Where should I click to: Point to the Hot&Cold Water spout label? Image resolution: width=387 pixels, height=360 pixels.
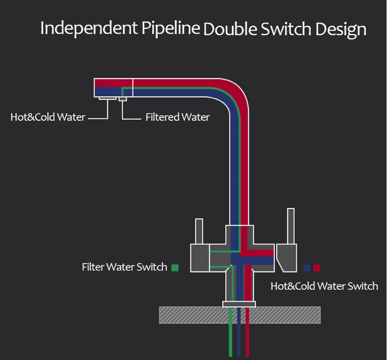[48, 117]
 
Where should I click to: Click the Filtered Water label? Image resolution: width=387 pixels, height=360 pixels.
[177, 117]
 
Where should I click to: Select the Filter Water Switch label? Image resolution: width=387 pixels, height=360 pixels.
[124, 267]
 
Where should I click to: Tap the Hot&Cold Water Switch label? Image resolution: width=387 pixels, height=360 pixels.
[324, 286]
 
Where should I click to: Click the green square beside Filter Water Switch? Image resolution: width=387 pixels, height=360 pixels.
[175, 267]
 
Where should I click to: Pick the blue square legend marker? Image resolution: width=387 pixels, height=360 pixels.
[307, 267]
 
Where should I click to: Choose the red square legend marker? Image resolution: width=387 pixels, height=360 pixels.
[317, 267]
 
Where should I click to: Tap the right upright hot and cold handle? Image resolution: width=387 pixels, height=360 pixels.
[291, 226]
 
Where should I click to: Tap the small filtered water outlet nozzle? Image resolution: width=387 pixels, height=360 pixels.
[123, 99]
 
